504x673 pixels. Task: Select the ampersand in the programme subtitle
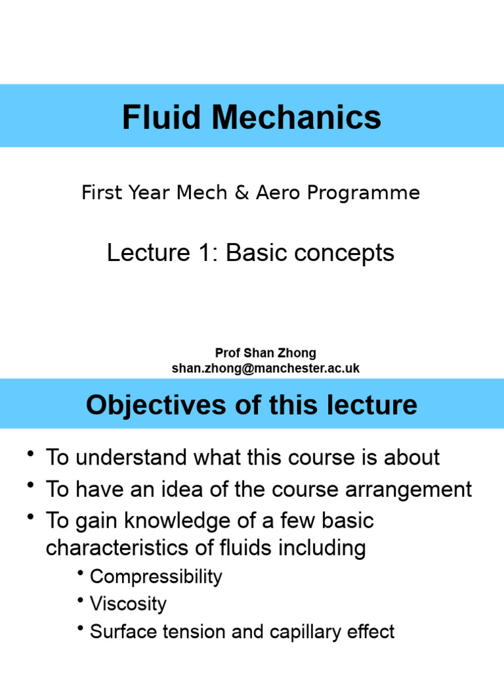pos(243,193)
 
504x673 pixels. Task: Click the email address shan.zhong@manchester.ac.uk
pos(266,368)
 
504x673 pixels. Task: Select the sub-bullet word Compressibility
pos(156,577)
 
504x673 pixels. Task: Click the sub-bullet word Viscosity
pos(129,605)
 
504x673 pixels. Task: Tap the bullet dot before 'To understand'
pos(31,454)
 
